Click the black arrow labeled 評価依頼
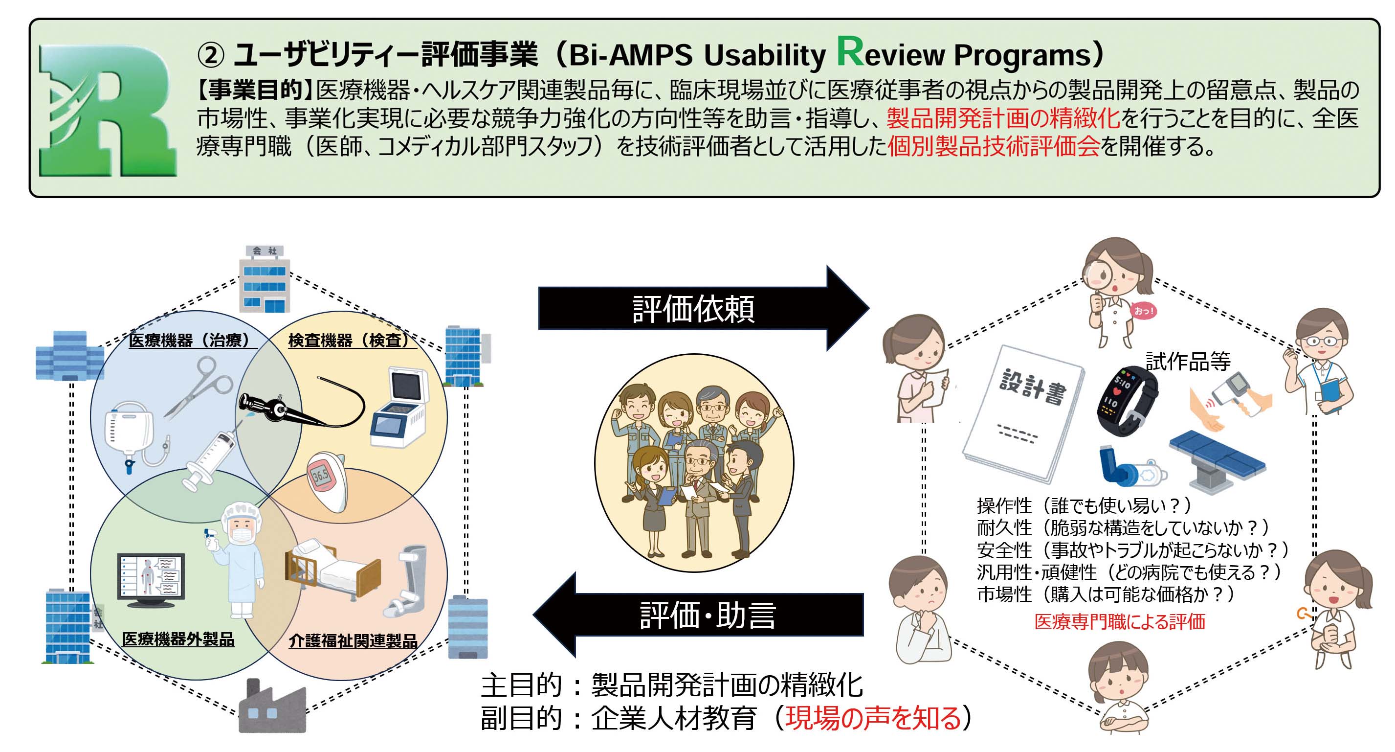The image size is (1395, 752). [x=704, y=308]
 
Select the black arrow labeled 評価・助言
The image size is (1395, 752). [x=698, y=615]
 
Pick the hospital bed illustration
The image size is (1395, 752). [x=332, y=570]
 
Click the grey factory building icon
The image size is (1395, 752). [x=272, y=705]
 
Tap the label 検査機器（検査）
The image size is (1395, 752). [x=349, y=340]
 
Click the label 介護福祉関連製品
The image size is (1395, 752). [x=353, y=641]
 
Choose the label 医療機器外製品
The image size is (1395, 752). [x=178, y=639]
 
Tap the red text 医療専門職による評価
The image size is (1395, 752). [x=1119, y=622]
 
